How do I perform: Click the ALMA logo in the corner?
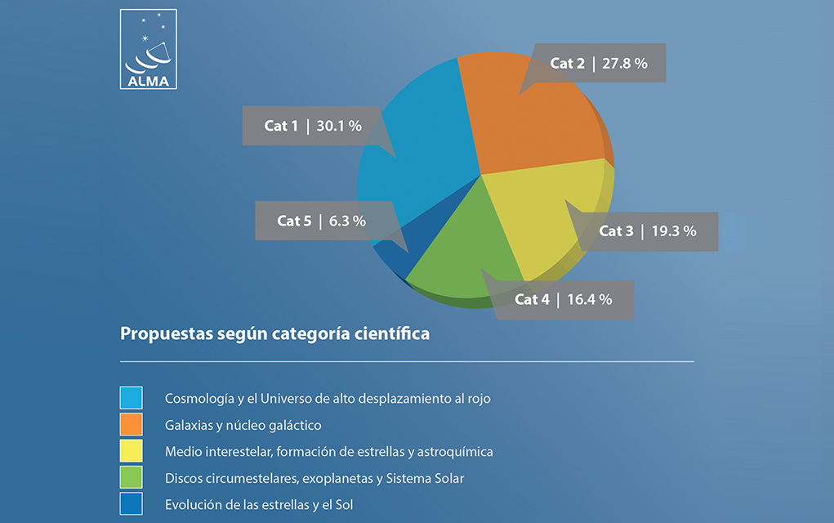149,49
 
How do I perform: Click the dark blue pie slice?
404,244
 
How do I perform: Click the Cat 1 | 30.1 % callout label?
313,126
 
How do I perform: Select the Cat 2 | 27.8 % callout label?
599,63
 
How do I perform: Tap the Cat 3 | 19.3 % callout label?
647,231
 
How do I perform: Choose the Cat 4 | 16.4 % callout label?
564,300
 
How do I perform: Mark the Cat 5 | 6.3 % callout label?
321,221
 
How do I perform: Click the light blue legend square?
131,397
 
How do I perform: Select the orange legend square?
131,424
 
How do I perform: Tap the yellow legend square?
131,450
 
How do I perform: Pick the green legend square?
131,477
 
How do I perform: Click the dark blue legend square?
131,503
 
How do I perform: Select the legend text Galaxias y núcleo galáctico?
243,425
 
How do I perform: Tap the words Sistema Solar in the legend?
425,478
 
